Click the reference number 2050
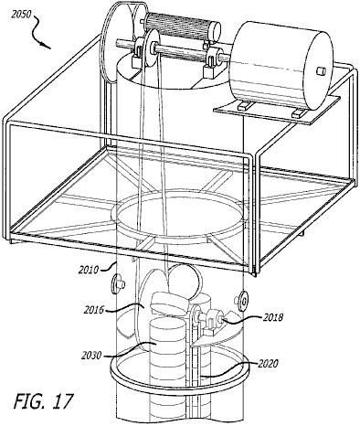coord(21,15)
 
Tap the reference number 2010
coord(89,270)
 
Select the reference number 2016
coord(94,310)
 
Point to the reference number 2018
coord(273,317)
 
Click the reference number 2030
coord(91,356)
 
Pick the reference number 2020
coord(269,364)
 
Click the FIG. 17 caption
coord(43,400)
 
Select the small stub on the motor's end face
coord(321,71)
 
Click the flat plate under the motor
coord(277,110)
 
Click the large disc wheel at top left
coord(117,43)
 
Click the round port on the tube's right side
coord(242,301)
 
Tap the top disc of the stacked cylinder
coord(167,324)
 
